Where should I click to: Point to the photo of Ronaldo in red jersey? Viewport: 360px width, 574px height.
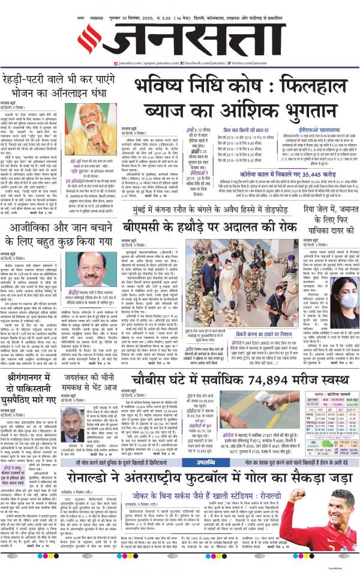click(326, 528)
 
